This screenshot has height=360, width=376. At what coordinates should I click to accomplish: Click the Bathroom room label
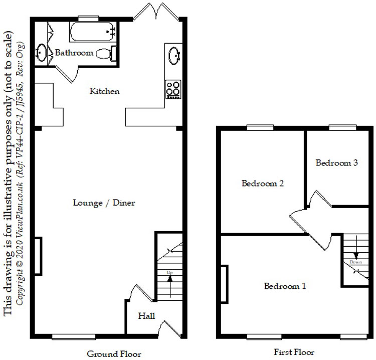tap(74, 53)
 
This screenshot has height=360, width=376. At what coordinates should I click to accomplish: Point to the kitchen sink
tap(174, 55)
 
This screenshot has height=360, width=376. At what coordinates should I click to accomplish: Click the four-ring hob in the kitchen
tap(173, 89)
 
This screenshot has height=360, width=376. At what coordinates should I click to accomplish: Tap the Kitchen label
tap(104, 91)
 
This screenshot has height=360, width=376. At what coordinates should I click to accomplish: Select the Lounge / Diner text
tap(104, 203)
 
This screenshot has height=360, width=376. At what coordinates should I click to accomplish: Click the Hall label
tap(147, 316)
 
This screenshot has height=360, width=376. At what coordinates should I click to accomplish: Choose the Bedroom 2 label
tap(263, 184)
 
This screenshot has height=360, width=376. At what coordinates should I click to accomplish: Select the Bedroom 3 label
tap(336, 162)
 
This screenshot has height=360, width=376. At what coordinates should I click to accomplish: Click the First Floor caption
tap(294, 352)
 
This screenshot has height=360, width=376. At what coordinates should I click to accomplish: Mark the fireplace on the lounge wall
tap(38, 256)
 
